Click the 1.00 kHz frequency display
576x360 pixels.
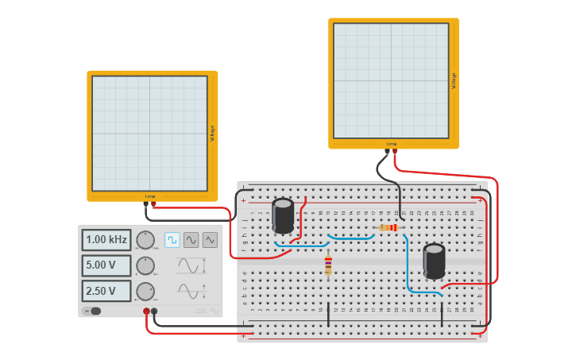tap(106, 240)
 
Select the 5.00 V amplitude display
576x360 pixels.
tap(106, 265)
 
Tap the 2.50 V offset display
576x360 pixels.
tap(106, 291)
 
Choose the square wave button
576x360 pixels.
tap(172, 239)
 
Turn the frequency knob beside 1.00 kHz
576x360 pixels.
tap(145, 240)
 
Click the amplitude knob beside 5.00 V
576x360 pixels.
tap(145, 265)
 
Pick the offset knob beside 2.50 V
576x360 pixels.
tap(145, 291)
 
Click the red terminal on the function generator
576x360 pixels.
tap(146, 312)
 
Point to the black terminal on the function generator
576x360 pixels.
tap(154, 312)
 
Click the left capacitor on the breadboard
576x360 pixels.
tap(283, 215)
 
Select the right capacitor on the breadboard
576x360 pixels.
tap(434, 261)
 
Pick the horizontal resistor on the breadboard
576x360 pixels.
tap(389, 228)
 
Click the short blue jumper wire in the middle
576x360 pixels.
tap(351, 237)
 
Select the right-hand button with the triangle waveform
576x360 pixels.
tap(210, 239)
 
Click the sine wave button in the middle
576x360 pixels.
tap(191, 239)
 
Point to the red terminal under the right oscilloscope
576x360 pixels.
tap(395, 151)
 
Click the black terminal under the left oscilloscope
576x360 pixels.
tap(146, 203)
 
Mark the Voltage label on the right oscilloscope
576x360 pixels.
tap(454, 80)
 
